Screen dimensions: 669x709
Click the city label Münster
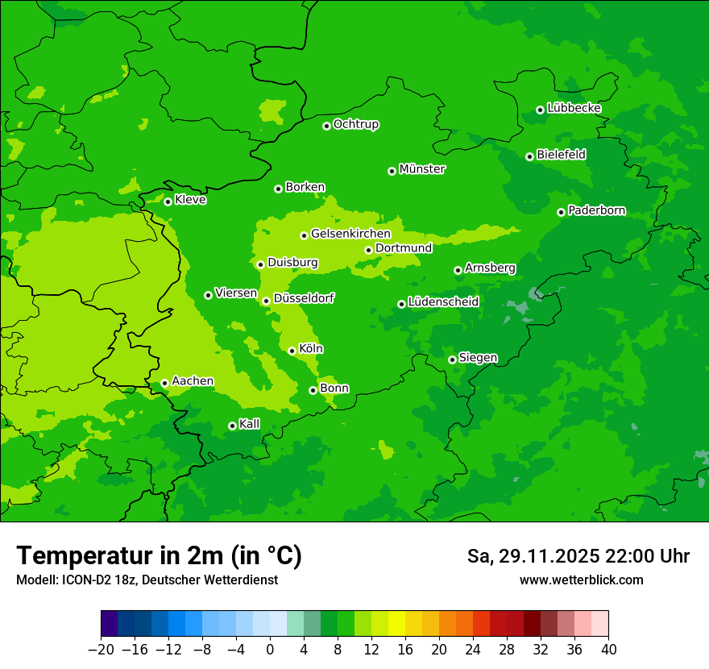pyautogui.click(x=422, y=169)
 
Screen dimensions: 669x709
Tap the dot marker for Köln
pyautogui.click(x=292, y=351)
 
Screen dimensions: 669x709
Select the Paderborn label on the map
pyautogui.click(x=597, y=210)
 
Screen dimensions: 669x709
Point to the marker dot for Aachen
pyautogui.click(x=164, y=383)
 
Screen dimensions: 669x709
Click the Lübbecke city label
pyautogui.click(x=574, y=108)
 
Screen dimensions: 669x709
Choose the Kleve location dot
pyautogui.click(x=168, y=202)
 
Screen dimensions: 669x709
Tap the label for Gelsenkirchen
pyautogui.click(x=350, y=234)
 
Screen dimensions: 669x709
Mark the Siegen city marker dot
pyautogui.click(x=452, y=359)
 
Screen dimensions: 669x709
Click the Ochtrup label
pyautogui.click(x=356, y=124)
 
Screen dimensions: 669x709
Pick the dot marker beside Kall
pyautogui.click(x=232, y=426)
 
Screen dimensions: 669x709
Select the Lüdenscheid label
pyautogui.click(x=443, y=302)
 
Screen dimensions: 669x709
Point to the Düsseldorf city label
pyautogui.click(x=304, y=298)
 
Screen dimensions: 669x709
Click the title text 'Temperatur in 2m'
pyautogui.click(x=121, y=556)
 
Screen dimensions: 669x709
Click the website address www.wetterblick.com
pyautogui.click(x=581, y=580)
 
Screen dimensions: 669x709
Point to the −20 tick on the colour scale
pyautogui.click(x=102, y=650)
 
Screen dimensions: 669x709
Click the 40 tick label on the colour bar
pyautogui.click(x=608, y=650)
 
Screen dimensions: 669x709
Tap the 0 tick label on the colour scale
pyautogui.click(x=270, y=650)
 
